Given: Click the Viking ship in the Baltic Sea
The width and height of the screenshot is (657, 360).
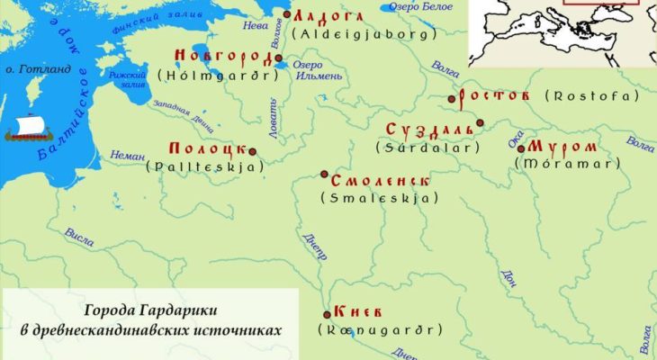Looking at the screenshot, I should (28, 130).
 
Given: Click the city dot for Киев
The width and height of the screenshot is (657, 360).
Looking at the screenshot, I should (327, 314).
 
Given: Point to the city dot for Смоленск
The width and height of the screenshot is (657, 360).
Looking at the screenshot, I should (325, 175).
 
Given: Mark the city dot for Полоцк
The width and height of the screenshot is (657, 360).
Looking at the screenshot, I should (252, 151).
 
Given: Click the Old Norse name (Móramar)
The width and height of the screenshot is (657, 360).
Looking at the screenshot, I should (580, 163).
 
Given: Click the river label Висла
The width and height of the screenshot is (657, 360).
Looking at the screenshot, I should (80, 236).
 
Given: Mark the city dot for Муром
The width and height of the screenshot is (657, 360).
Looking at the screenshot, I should (520, 148).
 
